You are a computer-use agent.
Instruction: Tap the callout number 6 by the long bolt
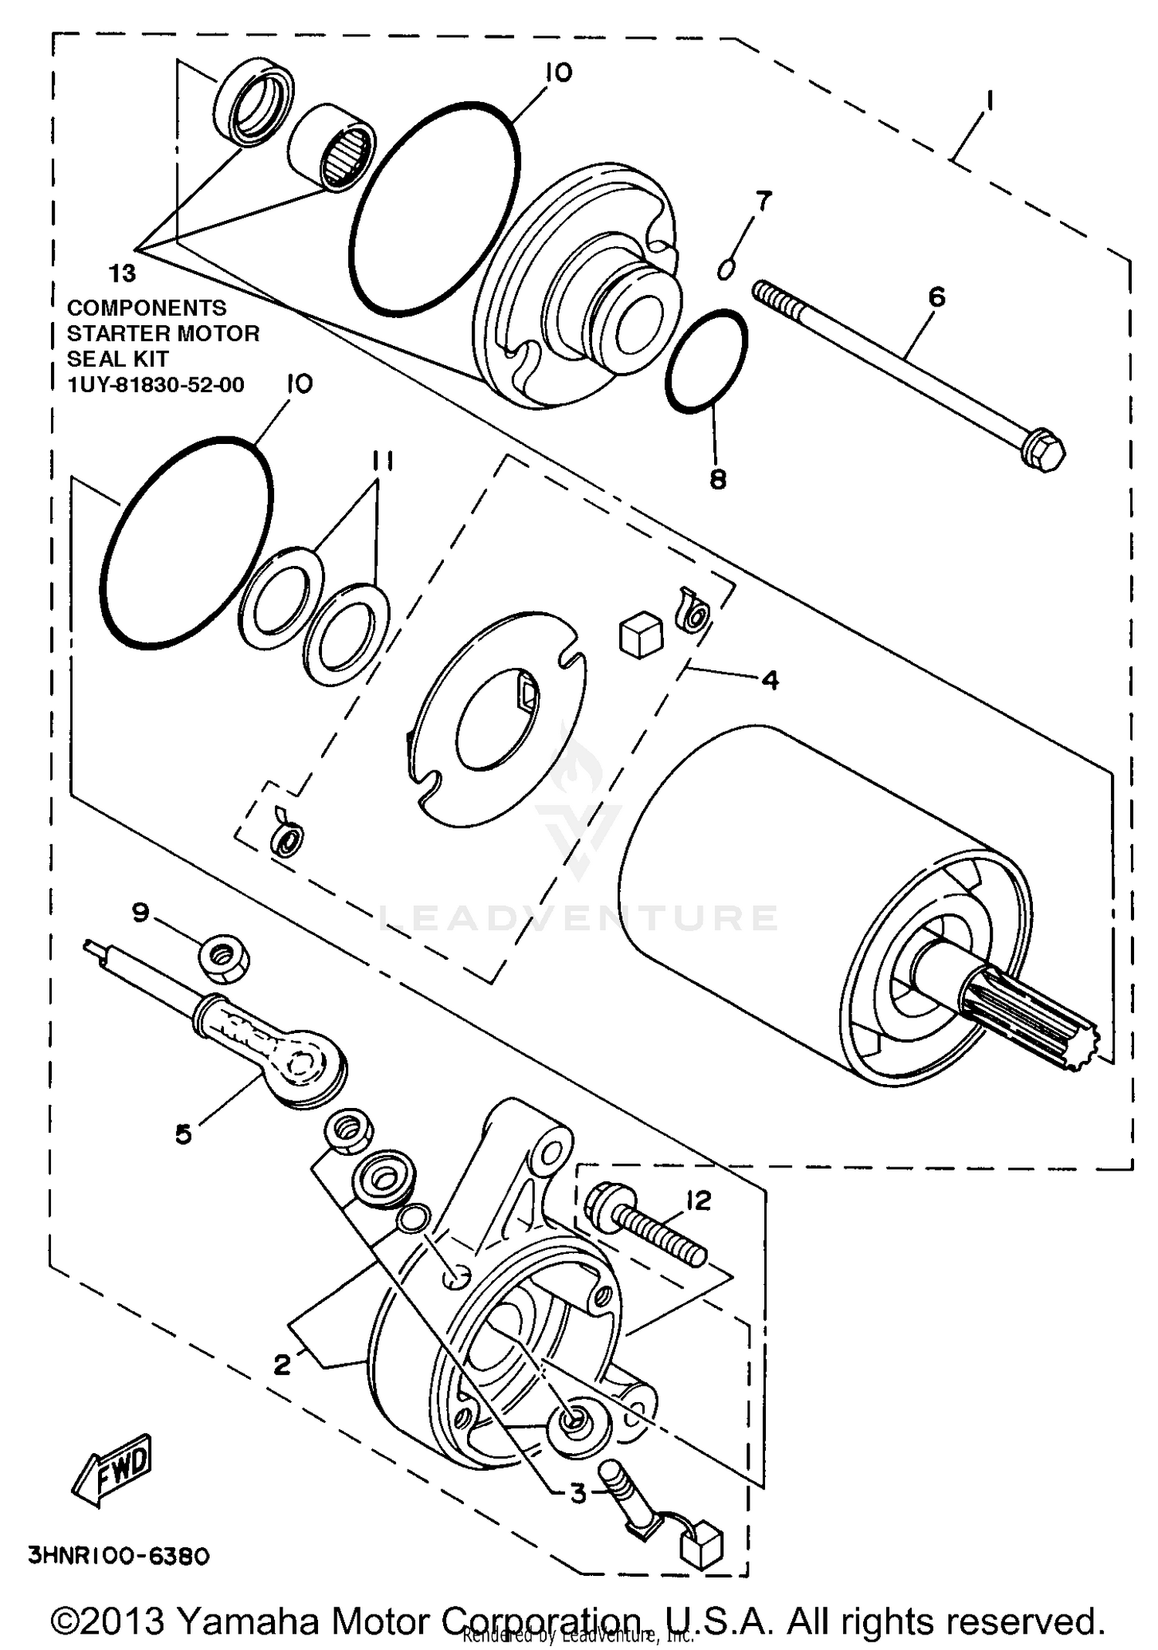[936, 296]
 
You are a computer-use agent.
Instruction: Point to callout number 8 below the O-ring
[718, 479]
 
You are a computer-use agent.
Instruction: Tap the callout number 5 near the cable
[183, 1133]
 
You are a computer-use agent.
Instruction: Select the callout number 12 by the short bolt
[699, 1201]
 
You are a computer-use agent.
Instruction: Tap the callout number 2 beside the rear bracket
[282, 1365]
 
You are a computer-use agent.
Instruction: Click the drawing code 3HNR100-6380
[118, 1557]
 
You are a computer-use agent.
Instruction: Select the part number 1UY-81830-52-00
[156, 385]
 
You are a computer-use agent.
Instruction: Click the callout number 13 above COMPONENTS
[122, 273]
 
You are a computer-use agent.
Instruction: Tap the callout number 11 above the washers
[381, 462]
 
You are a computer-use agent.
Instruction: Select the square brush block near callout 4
[640, 635]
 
